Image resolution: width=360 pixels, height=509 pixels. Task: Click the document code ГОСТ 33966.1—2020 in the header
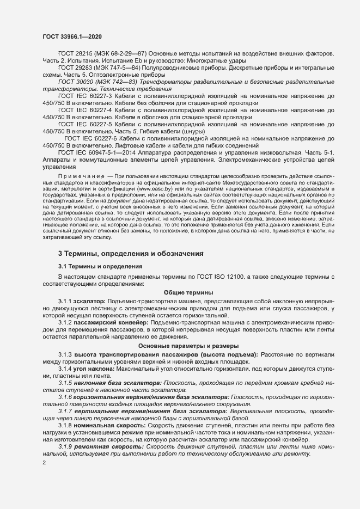point(71,36)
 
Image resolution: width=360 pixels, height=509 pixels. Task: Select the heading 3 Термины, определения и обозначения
point(131,253)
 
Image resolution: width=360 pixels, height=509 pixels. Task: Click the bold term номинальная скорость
point(108,425)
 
